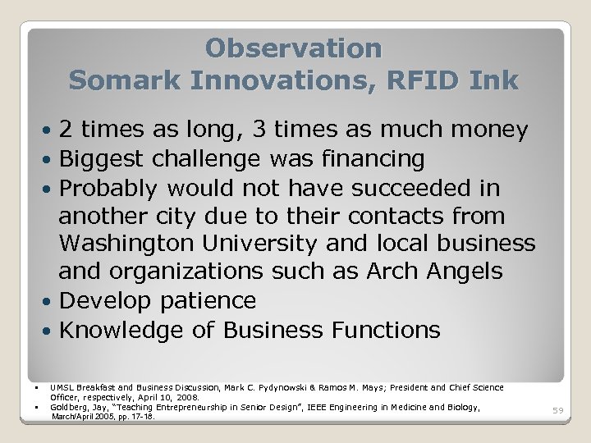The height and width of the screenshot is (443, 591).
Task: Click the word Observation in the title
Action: pyautogui.click(x=294, y=48)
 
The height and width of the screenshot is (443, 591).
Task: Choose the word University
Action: pyautogui.click(x=274, y=244)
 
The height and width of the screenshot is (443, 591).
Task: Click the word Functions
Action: pyautogui.click(x=386, y=330)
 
